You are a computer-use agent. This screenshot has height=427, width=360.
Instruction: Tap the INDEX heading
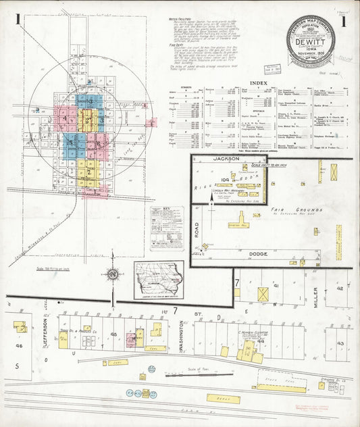click(x=259, y=83)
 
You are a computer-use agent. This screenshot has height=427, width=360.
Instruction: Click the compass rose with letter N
click(x=113, y=274)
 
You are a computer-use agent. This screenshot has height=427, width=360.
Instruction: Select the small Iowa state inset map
click(x=158, y=279)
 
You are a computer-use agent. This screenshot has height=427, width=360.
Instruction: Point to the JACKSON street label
click(x=226, y=158)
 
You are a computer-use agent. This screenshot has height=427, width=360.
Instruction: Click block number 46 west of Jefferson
click(x=19, y=345)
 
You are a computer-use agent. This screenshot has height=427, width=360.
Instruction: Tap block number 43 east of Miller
click(x=341, y=343)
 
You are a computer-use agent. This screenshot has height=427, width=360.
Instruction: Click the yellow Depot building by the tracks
click(x=224, y=399)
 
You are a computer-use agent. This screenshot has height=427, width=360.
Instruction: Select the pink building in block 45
click(x=130, y=340)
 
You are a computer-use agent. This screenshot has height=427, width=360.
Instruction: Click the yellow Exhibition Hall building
click(x=239, y=224)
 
